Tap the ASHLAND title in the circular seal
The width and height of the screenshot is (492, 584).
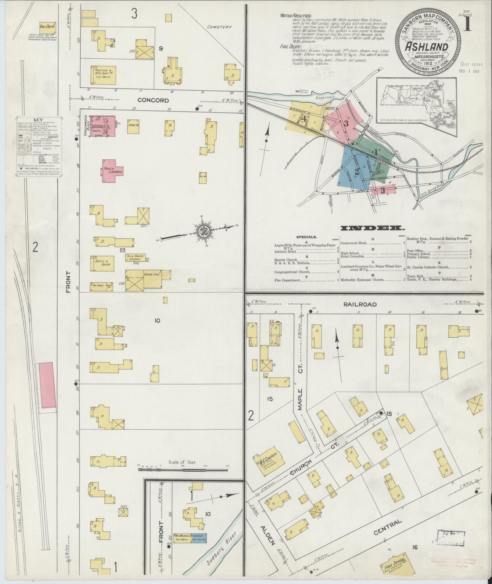pos(426,48)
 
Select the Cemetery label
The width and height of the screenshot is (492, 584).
pos(219,27)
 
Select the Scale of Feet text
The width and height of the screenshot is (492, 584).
pos(182,471)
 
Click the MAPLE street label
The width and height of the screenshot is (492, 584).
pos(300,399)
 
